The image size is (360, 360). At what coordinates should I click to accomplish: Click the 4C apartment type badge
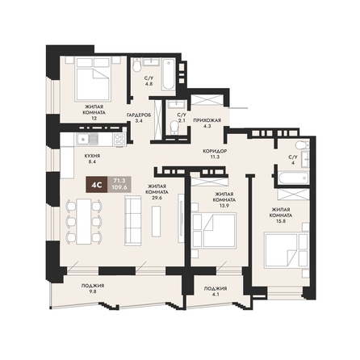(97, 185)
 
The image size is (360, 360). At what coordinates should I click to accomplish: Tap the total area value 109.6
(119, 187)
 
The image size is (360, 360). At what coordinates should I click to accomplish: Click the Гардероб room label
(139, 115)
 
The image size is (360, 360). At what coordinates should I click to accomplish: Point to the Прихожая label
(207, 120)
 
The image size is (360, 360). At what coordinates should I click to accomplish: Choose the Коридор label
(215, 151)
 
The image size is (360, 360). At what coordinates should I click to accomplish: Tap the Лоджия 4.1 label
(216, 291)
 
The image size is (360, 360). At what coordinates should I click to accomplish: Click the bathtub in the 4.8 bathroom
(168, 75)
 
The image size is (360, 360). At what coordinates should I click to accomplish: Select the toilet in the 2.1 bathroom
(175, 127)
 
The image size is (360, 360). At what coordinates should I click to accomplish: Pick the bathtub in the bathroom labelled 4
(293, 178)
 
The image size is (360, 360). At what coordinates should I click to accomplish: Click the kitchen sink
(87, 139)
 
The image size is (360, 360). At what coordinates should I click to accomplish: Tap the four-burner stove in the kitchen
(119, 140)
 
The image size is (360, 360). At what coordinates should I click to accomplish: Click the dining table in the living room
(83, 221)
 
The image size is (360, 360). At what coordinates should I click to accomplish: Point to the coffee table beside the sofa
(156, 221)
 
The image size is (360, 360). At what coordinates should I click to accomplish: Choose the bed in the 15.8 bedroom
(286, 250)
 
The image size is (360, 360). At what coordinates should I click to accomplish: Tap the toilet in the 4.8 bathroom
(136, 65)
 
